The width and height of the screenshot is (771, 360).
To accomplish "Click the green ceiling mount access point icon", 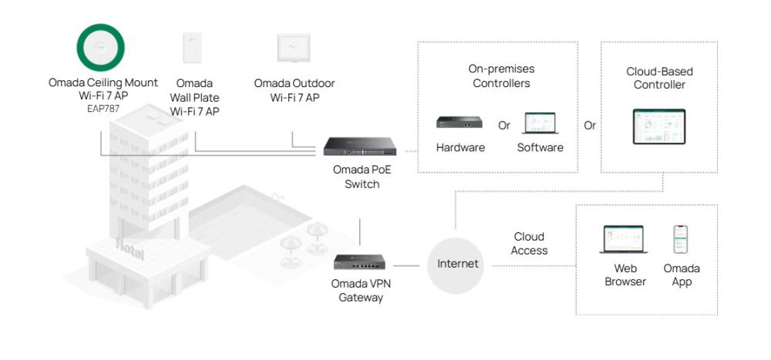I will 103,48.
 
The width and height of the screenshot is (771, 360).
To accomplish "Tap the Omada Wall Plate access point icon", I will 194,48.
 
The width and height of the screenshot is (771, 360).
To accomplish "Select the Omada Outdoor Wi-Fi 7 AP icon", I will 294,48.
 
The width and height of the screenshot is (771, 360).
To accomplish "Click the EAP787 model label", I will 103,109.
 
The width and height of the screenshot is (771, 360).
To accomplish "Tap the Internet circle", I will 458,264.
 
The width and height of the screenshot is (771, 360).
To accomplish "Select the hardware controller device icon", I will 460,122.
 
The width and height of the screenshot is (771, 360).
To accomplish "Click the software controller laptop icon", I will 540,123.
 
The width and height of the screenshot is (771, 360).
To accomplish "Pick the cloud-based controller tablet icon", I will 658,126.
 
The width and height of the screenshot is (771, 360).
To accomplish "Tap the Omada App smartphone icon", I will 681,239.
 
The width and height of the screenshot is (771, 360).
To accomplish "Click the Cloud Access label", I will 529,244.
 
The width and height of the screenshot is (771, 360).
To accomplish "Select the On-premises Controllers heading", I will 501,76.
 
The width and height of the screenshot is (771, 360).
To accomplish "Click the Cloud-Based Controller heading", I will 659,78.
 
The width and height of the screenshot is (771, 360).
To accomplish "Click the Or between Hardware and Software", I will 504,125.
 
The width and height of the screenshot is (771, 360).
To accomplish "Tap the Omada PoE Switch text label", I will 362,177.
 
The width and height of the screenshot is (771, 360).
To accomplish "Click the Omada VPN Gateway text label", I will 361,290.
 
